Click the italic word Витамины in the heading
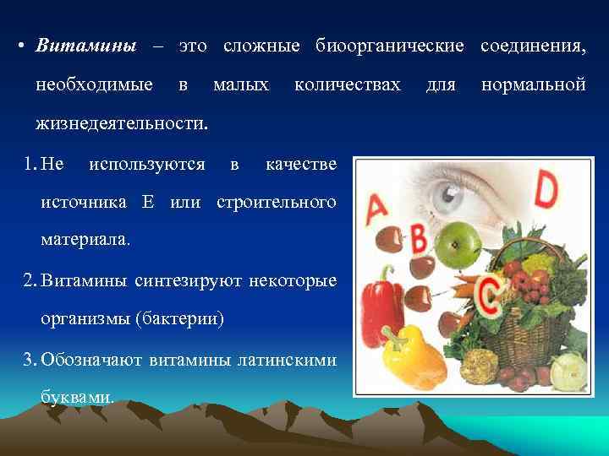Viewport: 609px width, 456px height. pyautogui.click(x=85, y=46)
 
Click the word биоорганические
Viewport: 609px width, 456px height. pyautogui.click(x=389, y=46)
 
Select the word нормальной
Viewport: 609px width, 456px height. pyautogui.click(x=533, y=84)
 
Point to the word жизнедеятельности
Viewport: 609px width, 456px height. pyautogui.click(x=121, y=124)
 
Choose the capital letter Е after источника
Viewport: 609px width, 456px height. pyautogui.click(x=149, y=202)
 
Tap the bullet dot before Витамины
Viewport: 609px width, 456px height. pyautogui.click(x=19, y=46)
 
